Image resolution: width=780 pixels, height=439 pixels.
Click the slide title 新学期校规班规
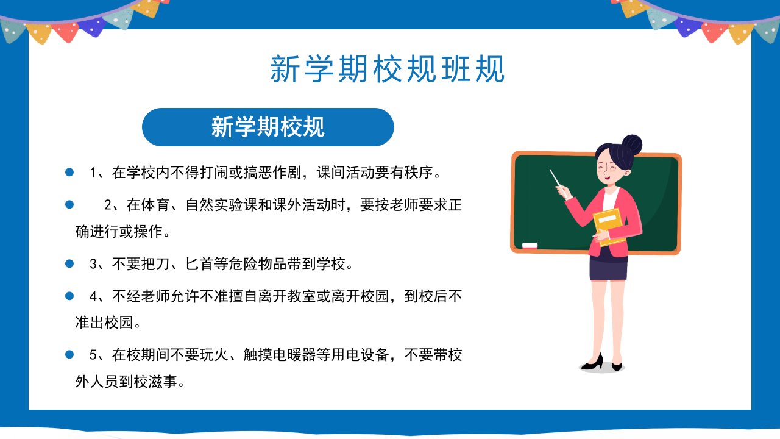coord(387,69)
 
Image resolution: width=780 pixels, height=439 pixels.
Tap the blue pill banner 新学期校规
coord(268,127)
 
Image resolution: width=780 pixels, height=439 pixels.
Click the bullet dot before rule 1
coord(69,172)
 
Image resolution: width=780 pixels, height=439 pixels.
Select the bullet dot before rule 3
coord(69,264)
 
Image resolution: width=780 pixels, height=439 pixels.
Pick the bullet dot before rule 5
coord(69,355)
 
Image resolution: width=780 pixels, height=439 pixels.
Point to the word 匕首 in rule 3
coord(199,264)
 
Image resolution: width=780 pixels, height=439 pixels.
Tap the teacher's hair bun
coord(632,145)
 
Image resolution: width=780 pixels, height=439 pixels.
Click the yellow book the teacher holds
coord(609,226)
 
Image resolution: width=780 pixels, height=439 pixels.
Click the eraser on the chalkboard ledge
coord(530,245)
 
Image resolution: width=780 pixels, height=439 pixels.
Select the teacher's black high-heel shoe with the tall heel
coord(592,362)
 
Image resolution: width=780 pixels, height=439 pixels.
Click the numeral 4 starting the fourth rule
coord(93,296)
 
